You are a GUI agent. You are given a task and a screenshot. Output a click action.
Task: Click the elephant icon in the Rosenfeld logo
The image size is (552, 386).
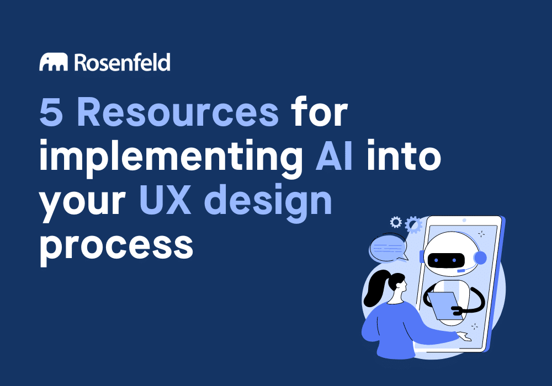53,62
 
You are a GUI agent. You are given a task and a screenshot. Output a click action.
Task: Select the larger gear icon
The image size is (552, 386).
413,225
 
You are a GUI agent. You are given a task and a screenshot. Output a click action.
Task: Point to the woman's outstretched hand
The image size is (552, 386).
463,336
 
